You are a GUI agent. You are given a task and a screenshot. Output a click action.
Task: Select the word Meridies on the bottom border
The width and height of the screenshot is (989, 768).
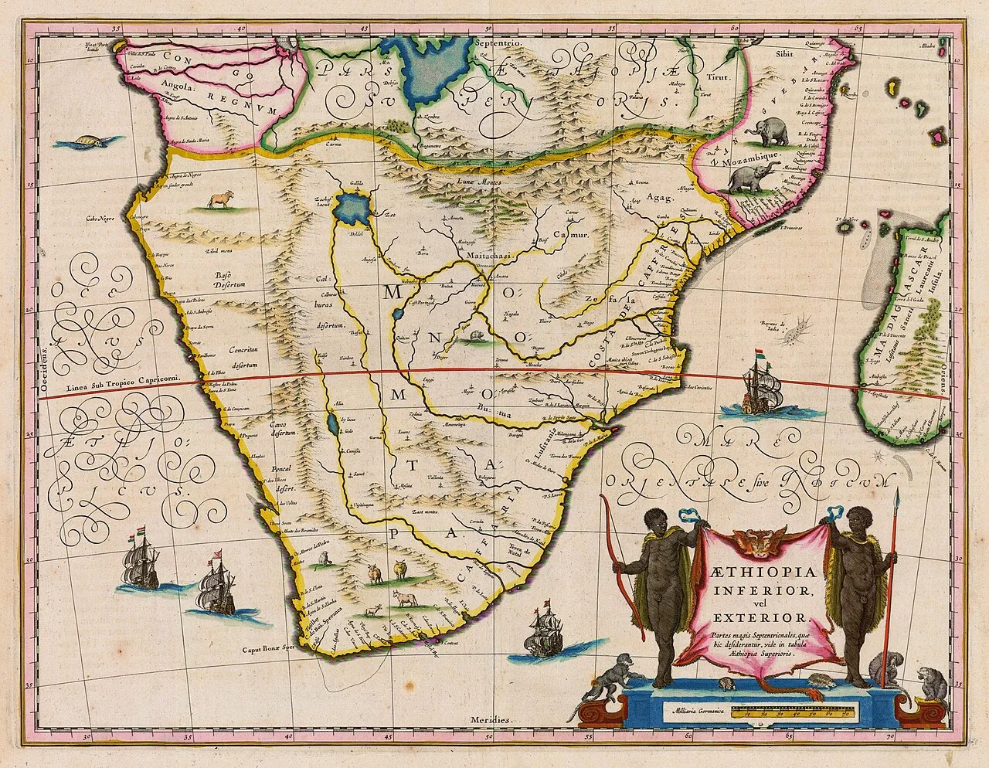tap(492, 719)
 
